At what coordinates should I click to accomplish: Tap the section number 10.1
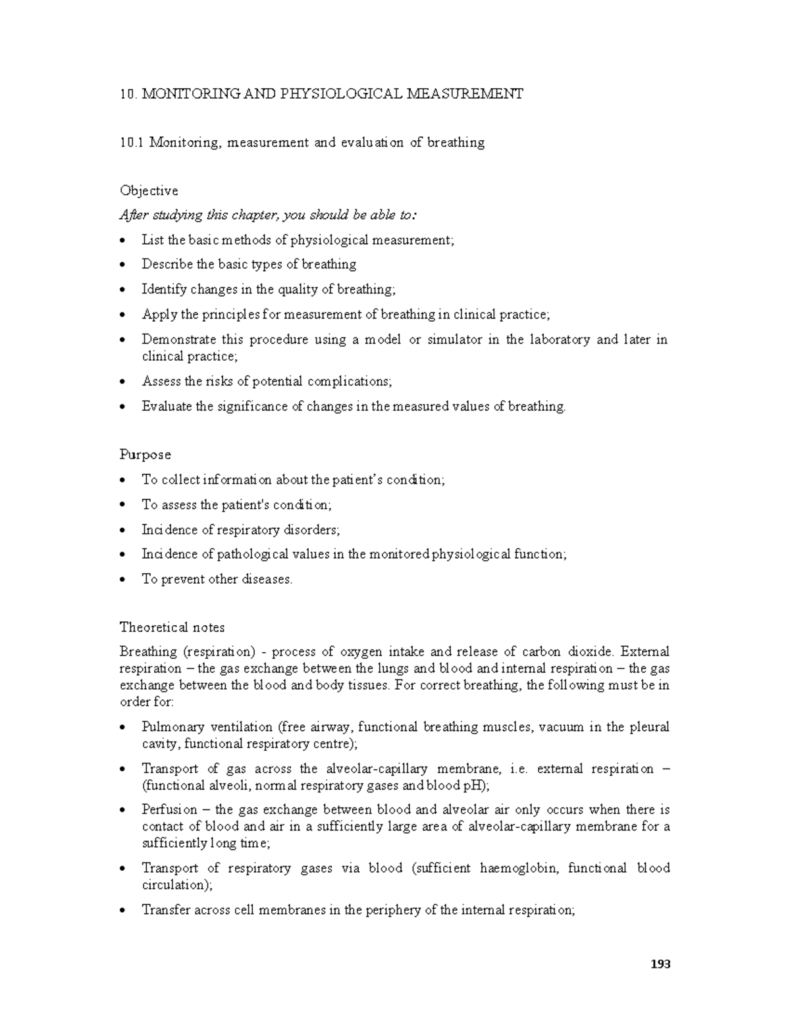point(132,143)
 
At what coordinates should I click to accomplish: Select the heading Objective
point(149,191)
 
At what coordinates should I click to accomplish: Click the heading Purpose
point(145,455)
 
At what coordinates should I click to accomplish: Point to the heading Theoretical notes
point(172,627)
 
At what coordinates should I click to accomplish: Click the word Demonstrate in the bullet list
point(179,340)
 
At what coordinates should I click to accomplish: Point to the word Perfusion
point(169,810)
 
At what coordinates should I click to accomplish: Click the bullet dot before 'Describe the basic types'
point(124,265)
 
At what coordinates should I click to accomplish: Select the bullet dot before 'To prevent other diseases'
point(124,580)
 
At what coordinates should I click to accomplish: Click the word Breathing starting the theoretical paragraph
point(148,652)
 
